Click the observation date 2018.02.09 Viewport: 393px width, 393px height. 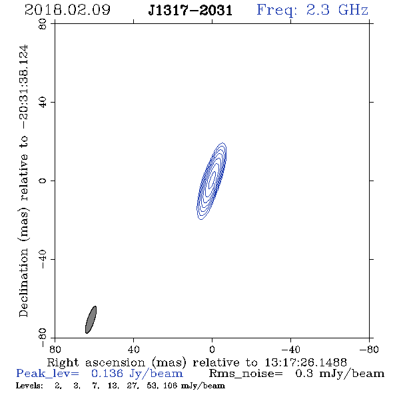pos(67,10)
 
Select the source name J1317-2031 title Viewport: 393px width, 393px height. pos(191,10)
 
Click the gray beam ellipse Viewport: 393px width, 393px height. pos(91,320)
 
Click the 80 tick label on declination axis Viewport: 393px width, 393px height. pos(43,24)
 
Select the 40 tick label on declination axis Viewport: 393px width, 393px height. pos(43,103)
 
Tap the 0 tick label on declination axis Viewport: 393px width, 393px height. pos(43,181)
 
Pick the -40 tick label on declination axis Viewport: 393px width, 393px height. pos(43,259)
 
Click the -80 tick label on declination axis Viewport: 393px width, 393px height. pos(43,338)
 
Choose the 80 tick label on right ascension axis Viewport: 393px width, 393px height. pos(55,349)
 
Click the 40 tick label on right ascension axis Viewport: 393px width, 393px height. pos(133,349)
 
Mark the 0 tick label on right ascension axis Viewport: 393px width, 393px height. pos(212,349)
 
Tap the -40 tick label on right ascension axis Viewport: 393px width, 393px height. pos(290,349)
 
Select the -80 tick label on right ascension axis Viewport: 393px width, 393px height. pos(369,349)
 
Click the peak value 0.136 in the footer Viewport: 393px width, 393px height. pos(107,374)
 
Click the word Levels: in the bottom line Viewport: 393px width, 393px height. pos(29,386)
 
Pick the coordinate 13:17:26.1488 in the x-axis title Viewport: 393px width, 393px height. pos(306,362)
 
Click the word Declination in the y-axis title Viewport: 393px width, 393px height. pos(23,283)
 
